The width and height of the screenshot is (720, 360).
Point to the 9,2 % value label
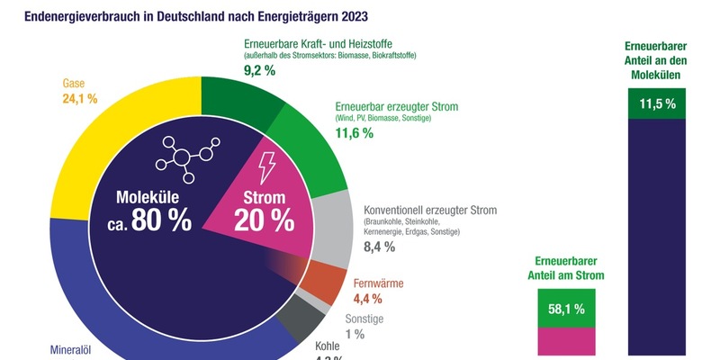pos(259,70)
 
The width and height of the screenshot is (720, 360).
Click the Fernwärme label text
pos(379,283)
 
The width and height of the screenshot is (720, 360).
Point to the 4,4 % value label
pos(368,299)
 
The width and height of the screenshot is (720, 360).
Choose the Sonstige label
pos(364,319)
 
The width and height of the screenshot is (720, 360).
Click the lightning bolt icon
pos(267,167)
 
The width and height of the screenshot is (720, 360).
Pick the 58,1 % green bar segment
pos(567,309)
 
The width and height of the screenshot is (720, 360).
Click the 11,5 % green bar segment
pos(657,104)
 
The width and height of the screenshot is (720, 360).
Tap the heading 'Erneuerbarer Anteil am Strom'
pos(566,268)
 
